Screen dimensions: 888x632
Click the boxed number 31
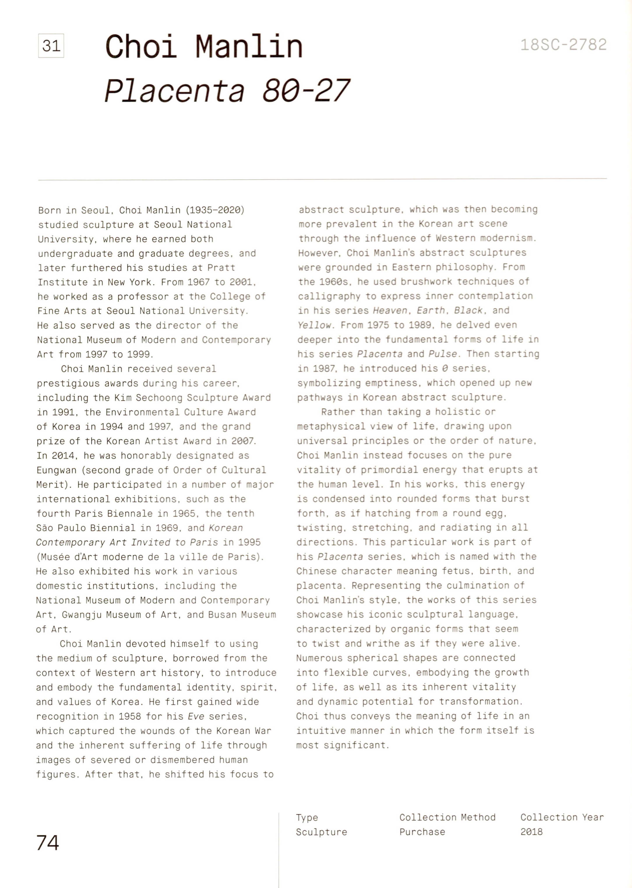tap(51, 46)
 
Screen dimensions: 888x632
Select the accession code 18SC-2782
tap(563, 45)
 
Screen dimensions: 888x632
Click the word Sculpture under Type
tap(321, 832)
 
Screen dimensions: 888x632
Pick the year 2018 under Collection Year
tap(531, 832)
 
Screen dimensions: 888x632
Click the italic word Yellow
tap(314, 325)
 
